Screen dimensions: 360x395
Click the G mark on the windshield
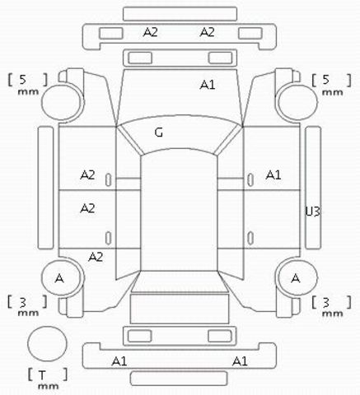point(159,132)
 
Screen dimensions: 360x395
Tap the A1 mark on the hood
point(208,85)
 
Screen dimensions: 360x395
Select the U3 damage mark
point(313,211)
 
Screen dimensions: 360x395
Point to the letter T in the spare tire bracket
point(42,374)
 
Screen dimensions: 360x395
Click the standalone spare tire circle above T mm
point(47,343)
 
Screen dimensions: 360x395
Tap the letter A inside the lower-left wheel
point(59,278)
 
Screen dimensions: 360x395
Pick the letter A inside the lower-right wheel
point(296,278)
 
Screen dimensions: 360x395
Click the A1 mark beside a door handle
point(274,174)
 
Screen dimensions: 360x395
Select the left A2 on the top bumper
point(151,32)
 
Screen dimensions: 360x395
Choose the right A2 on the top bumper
point(207,32)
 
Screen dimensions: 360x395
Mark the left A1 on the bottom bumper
point(119,361)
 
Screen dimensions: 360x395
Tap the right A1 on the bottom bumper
point(240,361)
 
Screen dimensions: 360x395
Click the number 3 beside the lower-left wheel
point(23,302)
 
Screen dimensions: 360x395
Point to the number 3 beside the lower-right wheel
point(326,303)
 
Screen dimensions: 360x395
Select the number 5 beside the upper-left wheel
point(23,79)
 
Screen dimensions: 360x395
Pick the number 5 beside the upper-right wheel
point(326,79)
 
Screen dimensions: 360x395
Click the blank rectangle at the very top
point(180,14)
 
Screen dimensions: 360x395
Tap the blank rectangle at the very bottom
point(179,379)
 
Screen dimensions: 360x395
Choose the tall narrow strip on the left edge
point(45,188)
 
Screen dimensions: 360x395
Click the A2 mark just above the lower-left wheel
point(96,257)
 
